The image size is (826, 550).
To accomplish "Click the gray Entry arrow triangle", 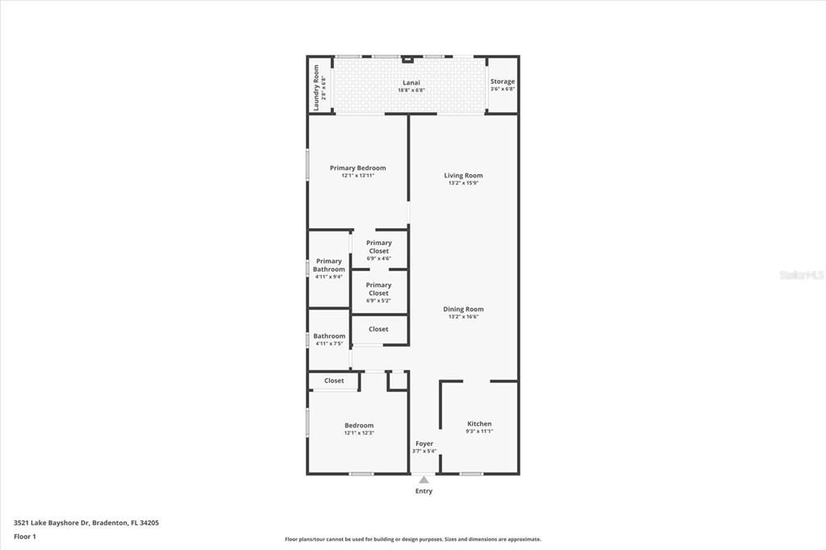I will (423, 479).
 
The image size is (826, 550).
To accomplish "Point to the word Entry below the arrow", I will (423, 491).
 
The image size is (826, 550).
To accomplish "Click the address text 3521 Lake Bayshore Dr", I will (86, 523).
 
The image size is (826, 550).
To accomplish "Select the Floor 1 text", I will (25, 536).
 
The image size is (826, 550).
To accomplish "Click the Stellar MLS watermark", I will (801, 275).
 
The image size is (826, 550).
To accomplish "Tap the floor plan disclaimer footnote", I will (412, 540).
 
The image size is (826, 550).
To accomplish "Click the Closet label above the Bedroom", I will (334, 381).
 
